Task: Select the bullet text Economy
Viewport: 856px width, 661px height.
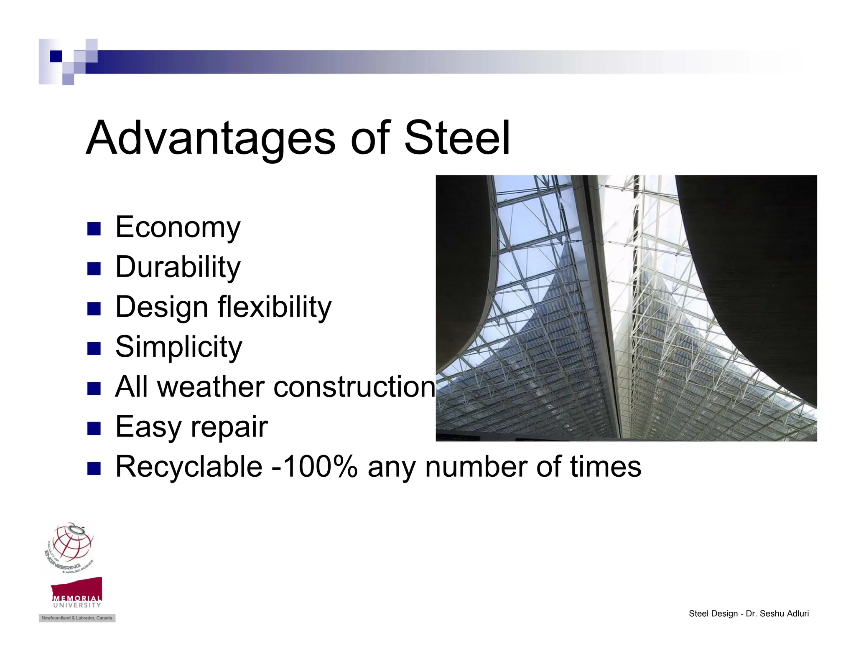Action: click(178, 228)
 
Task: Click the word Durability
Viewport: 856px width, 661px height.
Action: click(178, 267)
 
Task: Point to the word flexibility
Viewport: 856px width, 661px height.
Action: click(275, 308)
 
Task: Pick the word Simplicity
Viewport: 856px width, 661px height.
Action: click(178, 347)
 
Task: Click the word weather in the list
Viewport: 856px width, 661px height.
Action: click(211, 387)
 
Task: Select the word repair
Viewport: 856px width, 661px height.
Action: click(229, 427)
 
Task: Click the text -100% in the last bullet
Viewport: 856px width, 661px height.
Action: click(314, 467)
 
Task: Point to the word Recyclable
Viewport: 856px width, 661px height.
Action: click(189, 467)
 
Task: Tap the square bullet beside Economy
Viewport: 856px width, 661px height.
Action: click(94, 229)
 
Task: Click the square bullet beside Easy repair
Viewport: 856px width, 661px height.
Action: click(94, 428)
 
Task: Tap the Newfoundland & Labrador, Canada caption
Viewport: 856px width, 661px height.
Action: click(77, 618)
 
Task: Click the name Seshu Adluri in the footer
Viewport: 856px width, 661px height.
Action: click(784, 614)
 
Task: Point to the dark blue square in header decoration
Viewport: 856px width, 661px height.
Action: click(56, 56)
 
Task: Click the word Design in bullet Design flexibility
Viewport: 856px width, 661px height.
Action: click(161, 308)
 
